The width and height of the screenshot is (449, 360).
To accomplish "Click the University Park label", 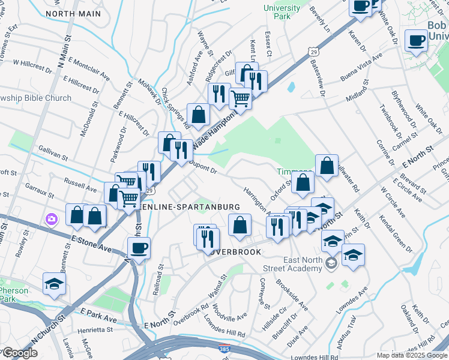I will (282, 12).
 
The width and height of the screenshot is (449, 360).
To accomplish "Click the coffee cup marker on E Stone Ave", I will (139, 248).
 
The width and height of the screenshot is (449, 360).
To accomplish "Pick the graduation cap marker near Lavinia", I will (54, 284).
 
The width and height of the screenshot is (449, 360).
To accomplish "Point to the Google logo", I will (19, 353).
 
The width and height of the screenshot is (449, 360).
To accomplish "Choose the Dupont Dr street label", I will (202, 166).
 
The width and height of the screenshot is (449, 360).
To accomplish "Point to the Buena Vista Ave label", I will (361, 67).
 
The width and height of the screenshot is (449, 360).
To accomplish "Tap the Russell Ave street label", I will (80, 184).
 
